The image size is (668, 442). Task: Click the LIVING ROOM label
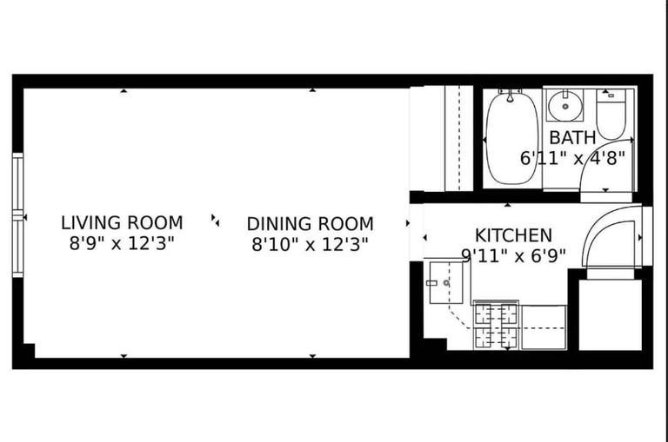click(122, 222)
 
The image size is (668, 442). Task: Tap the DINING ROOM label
click(310, 223)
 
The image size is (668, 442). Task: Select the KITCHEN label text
click(513, 235)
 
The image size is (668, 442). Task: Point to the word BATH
click(572, 137)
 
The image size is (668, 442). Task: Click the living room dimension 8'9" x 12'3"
click(122, 243)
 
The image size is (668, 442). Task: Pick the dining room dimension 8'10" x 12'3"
click(310, 244)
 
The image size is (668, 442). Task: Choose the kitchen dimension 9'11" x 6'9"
click(513, 255)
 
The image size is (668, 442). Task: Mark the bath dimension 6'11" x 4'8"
click(572, 158)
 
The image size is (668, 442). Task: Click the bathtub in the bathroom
click(511, 139)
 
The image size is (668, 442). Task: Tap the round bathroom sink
click(566, 106)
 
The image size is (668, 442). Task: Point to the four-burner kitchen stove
click(496, 325)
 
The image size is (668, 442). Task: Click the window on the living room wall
click(17, 214)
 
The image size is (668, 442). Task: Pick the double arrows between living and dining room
click(215, 220)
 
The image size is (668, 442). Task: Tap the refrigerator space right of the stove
click(544, 327)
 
